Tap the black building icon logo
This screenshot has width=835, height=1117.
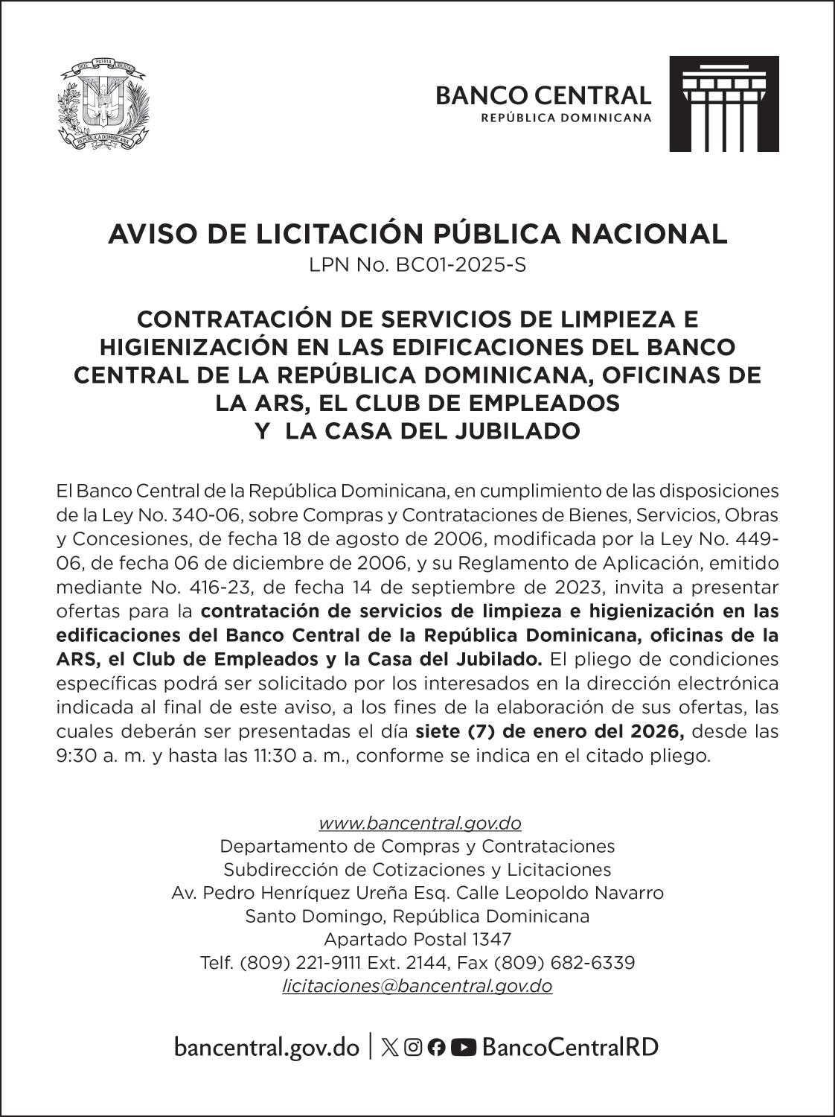(x=724, y=104)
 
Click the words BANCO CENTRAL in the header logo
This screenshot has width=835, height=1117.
(x=543, y=95)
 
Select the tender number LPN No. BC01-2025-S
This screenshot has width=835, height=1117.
(x=418, y=265)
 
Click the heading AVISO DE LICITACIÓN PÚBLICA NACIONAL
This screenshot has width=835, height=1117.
(x=418, y=234)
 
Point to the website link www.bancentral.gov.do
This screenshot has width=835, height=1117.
(x=420, y=823)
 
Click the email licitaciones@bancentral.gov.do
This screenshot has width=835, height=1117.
(x=418, y=986)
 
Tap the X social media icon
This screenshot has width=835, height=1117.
(x=388, y=1048)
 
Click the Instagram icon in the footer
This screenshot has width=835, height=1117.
(x=413, y=1048)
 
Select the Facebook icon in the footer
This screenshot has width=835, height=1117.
(x=437, y=1048)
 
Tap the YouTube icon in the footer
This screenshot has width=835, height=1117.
(x=464, y=1048)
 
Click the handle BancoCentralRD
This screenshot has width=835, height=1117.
(x=571, y=1048)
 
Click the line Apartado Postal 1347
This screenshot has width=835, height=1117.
(x=418, y=939)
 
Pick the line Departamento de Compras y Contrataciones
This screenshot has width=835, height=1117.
(x=418, y=846)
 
